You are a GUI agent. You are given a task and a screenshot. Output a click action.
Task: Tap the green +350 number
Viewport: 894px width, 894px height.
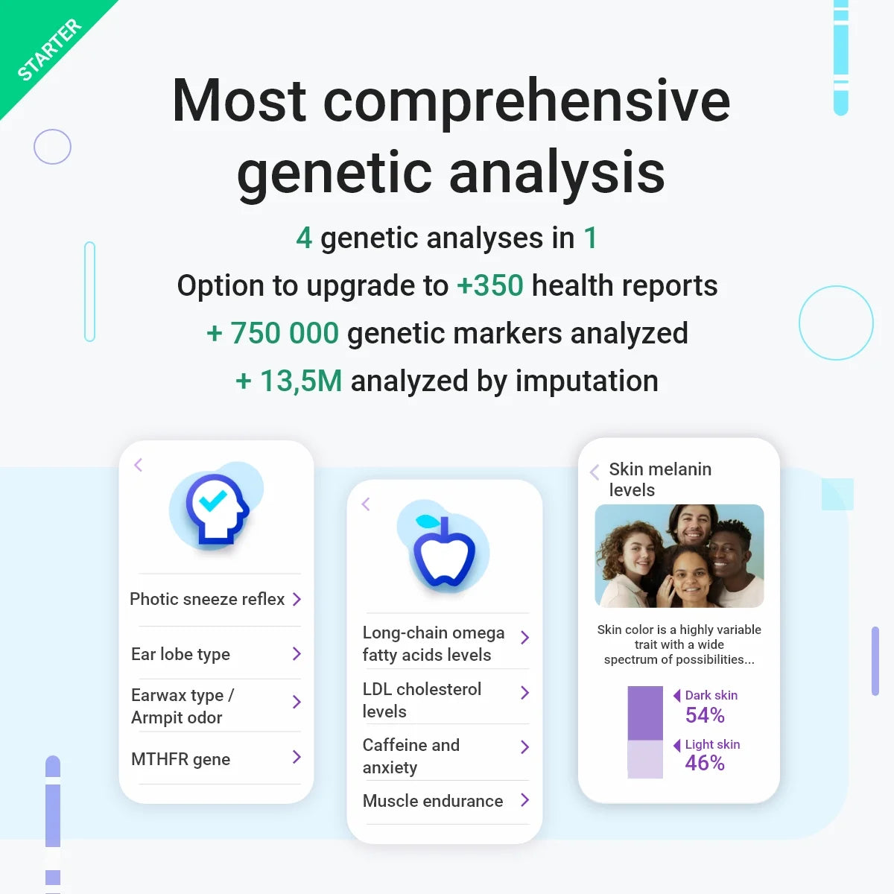pos(490,285)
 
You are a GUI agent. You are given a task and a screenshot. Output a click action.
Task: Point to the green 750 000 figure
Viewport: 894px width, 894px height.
pos(284,333)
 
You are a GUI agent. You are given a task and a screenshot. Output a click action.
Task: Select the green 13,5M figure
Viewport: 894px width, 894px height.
pos(300,381)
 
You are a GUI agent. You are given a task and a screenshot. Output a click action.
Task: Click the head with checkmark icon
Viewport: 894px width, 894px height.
pos(216,507)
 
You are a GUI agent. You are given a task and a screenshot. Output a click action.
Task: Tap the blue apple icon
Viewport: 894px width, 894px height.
pos(444,551)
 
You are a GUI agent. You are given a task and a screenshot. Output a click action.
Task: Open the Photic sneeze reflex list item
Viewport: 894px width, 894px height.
pos(207,599)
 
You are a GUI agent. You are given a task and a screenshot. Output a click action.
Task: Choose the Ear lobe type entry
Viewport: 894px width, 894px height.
pos(180,654)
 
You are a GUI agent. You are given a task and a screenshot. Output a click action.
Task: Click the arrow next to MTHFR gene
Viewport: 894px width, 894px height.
pos(297,758)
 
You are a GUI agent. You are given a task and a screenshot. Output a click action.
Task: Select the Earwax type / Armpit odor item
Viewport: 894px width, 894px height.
pos(183,706)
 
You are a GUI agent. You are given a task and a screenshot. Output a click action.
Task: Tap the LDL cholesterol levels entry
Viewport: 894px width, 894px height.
pos(422,700)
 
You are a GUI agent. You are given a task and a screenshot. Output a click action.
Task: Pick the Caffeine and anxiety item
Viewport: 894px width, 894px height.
pos(411,755)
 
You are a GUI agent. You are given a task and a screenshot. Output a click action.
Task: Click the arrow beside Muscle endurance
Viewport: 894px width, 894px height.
pos(524,800)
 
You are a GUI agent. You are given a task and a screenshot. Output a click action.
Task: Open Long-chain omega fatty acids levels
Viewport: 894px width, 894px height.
pos(434,643)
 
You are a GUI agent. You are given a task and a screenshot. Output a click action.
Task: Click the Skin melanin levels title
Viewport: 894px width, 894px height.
pos(660,479)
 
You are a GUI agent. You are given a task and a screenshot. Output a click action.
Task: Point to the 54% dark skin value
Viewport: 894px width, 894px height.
pos(705,715)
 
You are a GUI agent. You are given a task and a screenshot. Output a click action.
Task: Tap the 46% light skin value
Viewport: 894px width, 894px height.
pos(705,763)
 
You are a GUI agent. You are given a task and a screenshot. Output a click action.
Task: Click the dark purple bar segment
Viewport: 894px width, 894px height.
pos(645,713)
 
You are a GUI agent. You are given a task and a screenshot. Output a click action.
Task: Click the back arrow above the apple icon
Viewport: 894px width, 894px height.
pos(366,504)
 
